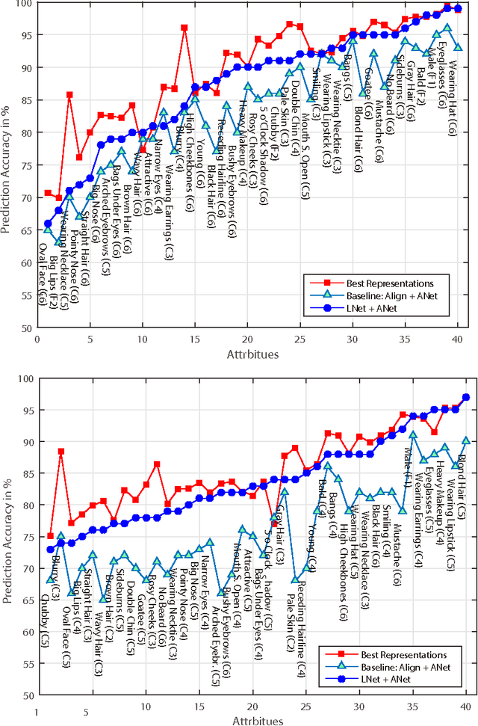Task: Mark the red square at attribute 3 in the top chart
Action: click(x=69, y=95)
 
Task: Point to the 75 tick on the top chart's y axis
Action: click(x=29, y=165)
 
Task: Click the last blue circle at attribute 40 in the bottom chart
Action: click(x=466, y=398)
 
